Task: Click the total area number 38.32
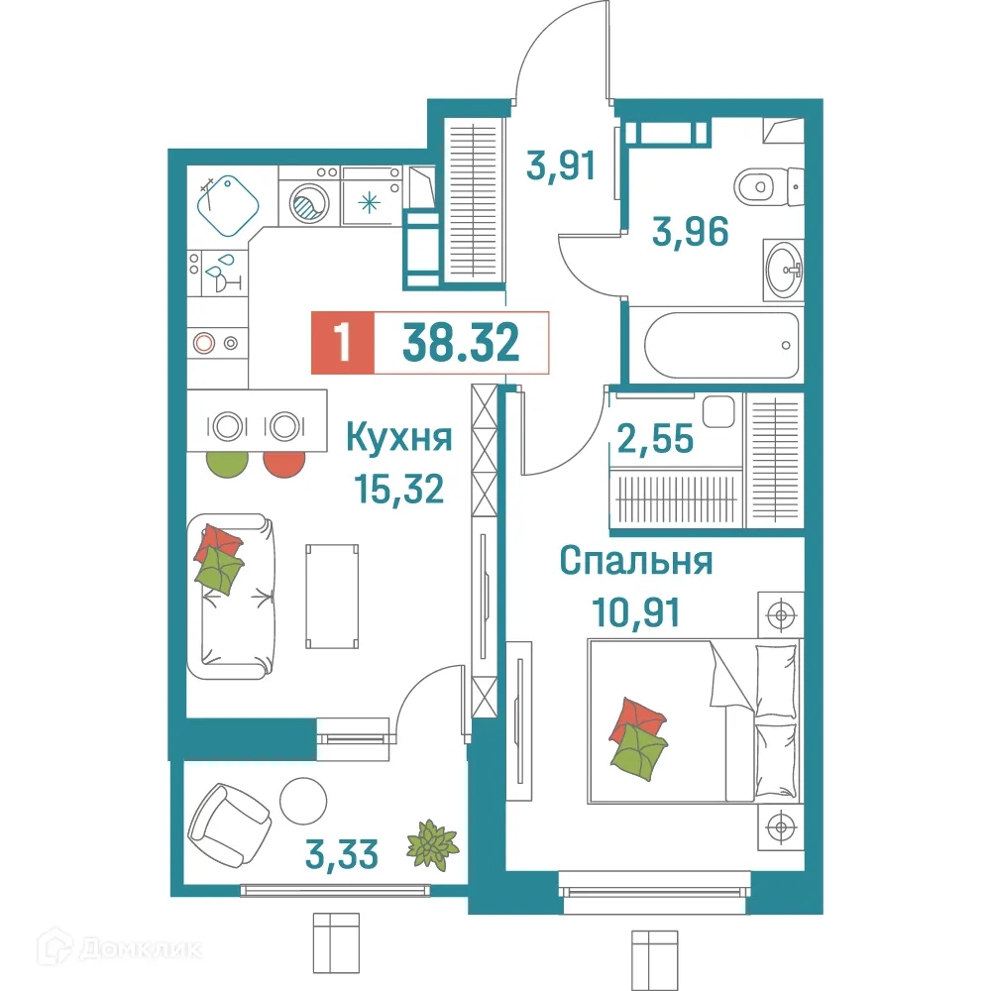click(461, 343)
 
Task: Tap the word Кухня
click(398, 437)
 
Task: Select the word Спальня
click(635, 561)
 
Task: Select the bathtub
click(721, 345)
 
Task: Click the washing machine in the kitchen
click(308, 204)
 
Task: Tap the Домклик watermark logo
click(109, 949)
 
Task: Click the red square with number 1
click(343, 343)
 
